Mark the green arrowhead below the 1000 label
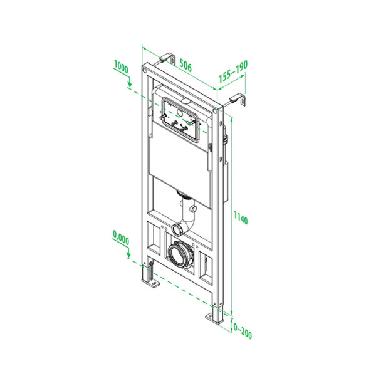[129, 85]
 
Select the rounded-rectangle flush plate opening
[181, 119]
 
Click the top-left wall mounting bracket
[165, 59]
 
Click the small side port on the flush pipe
[194, 207]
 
